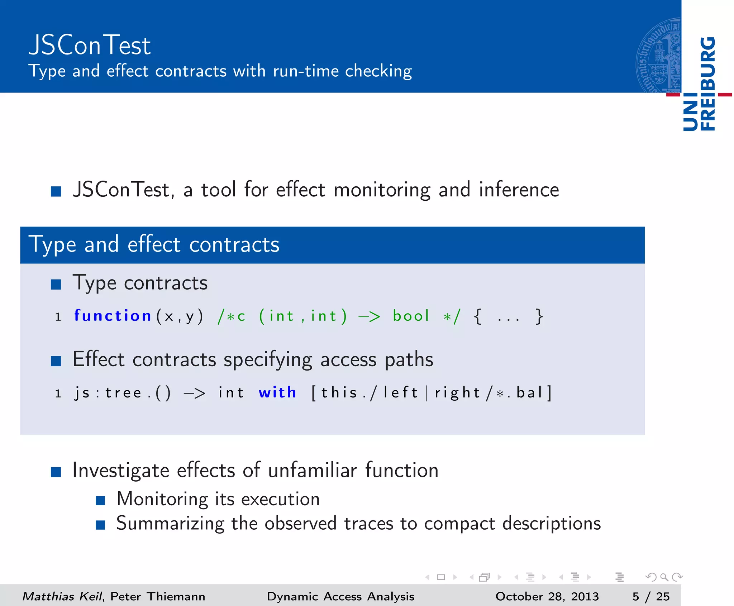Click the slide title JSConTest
90,46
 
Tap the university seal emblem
659,56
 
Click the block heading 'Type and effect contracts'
154,245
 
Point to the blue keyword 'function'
113,316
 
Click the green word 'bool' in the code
411,316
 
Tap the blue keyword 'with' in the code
277,393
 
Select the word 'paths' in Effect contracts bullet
409,359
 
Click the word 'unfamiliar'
313,470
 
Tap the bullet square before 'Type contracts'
56,285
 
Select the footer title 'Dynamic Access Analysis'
340,596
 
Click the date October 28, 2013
547,596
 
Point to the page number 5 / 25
651,596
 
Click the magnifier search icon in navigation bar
664,577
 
